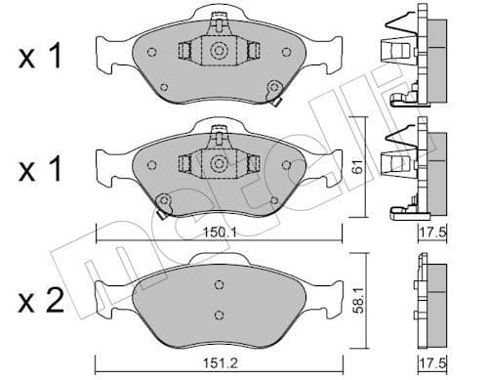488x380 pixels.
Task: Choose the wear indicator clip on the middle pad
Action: pyautogui.click(x=163, y=202)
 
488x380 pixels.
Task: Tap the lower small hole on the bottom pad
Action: pyautogui.click(x=219, y=315)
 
